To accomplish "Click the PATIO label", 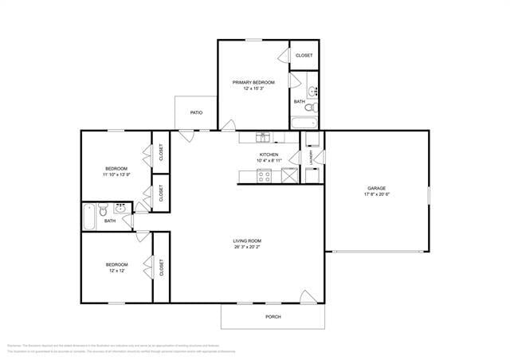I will point(196,112).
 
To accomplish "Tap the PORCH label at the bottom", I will point(273,316).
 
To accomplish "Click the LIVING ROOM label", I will point(247,241).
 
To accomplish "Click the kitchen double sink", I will point(264,138).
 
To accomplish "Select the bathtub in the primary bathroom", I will point(304,123).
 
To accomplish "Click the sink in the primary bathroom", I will point(314,89).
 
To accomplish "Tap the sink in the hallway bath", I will point(121,209).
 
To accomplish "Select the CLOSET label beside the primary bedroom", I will point(304,55).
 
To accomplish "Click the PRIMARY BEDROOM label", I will point(253,82).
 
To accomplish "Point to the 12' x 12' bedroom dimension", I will point(117,271).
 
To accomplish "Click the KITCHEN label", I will point(269,155).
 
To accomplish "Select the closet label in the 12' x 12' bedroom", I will point(162,266).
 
